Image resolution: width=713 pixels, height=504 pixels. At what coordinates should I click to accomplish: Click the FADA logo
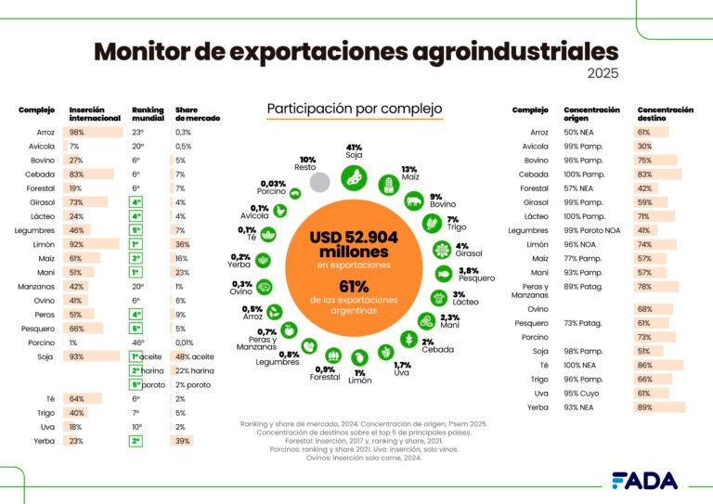643,480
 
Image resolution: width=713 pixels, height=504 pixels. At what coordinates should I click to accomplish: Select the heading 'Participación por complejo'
354,110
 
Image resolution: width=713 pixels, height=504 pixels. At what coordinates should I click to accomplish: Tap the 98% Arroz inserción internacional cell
76,132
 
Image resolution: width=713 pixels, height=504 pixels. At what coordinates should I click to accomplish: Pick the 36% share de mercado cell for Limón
183,244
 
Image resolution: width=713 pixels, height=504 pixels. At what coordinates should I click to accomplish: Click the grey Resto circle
320,183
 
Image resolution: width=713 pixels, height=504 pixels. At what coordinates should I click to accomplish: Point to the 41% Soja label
354,152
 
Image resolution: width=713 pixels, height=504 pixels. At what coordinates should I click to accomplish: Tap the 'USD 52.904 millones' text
354,245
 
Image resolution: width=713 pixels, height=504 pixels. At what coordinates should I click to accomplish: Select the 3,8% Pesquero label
474,274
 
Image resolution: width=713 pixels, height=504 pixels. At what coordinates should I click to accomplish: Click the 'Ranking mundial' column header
147,114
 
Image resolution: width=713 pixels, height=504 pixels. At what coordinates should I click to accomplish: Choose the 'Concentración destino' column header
665,114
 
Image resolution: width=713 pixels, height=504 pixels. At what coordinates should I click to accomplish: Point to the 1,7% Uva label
402,369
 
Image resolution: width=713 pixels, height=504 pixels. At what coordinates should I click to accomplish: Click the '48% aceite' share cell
195,356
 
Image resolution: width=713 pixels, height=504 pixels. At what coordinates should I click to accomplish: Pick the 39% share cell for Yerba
183,440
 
